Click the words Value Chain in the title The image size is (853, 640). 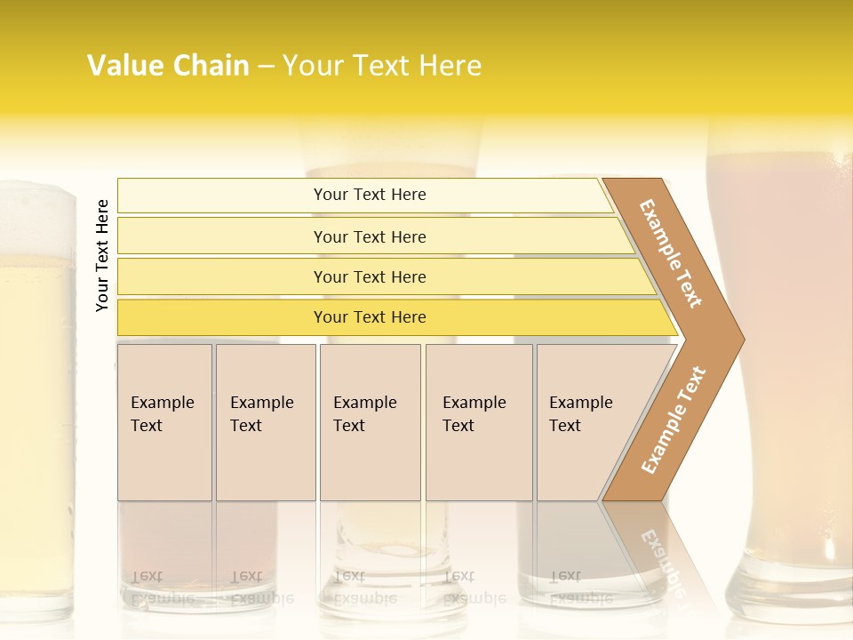tap(168, 66)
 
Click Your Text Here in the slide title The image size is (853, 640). tap(382, 66)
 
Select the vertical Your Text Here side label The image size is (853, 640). tap(102, 255)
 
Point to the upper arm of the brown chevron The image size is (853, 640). tap(671, 252)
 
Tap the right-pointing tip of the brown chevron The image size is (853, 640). tap(734, 339)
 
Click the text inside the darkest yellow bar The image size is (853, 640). tap(370, 317)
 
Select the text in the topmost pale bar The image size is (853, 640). tap(370, 195)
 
